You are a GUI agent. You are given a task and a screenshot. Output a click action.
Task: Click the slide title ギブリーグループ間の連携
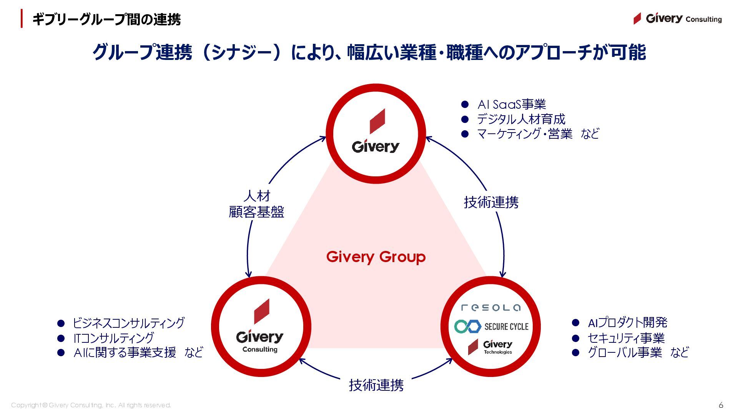(106, 19)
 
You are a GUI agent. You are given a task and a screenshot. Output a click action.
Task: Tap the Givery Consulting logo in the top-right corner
(678, 18)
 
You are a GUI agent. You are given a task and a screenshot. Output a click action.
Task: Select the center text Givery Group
(376, 257)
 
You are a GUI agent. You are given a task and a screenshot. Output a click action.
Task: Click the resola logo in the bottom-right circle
(491, 307)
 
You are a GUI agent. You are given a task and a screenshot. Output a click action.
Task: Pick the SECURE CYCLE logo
(491, 327)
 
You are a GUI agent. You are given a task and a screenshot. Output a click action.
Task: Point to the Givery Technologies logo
(490, 347)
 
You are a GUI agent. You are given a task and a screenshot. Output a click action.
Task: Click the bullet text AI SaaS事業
(511, 105)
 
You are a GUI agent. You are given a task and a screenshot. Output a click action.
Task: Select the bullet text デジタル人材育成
(521, 119)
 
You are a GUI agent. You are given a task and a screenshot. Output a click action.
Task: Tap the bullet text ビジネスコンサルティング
(128, 323)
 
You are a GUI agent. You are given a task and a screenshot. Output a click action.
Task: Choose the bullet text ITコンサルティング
(113, 338)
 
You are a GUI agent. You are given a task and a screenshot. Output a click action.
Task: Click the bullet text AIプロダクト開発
(627, 322)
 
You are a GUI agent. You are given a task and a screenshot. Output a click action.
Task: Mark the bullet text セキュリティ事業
(626, 338)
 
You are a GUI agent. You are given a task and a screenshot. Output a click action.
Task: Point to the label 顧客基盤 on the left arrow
(256, 212)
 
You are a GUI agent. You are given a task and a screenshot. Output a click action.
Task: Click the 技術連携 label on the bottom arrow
(376, 385)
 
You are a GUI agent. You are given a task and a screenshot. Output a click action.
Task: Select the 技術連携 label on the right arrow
(491, 202)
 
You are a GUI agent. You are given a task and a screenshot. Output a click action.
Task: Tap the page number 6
(721, 405)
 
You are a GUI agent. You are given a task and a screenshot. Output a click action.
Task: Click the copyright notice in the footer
(91, 405)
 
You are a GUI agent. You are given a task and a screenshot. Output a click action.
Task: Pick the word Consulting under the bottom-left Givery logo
(260, 349)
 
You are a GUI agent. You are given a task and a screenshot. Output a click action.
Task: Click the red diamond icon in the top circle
(377, 121)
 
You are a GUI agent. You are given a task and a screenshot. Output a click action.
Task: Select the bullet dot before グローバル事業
(575, 352)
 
